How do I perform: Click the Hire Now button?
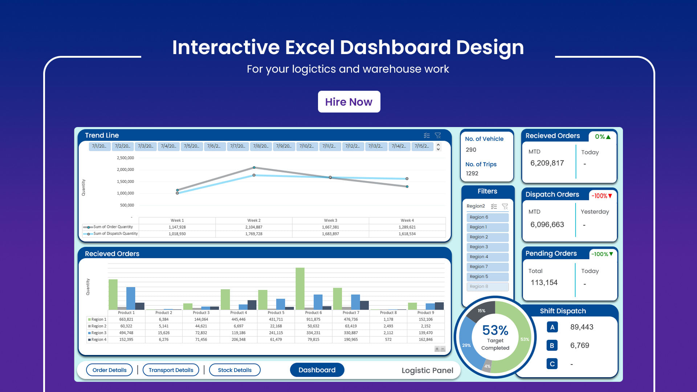pyautogui.click(x=349, y=102)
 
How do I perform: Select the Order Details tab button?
pyautogui.click(x=109, y=370)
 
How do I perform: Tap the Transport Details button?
pyautogui.click(x=171, y=370)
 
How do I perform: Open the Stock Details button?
pyautogui.click(x=235, y=370)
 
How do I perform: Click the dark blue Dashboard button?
pyautogui.click(x=317, y=370)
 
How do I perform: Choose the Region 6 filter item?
pyautogui.click(x=487, y=217)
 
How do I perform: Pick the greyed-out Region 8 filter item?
pyautogui.click(x=487, y=286)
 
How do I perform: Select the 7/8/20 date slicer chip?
pyautogui.click(x=261, y=146)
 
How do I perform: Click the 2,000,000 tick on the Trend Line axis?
pyautogui.click(x=125, y=170)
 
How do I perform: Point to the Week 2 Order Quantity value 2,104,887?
pyautogui.click(x=254, y=227)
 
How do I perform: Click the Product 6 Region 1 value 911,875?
pyautogui.click(x=313, y=319)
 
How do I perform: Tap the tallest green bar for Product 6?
pyautogui.click(x=300, y=289)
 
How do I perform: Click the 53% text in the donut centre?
pyautogui.click(x=495, y=330)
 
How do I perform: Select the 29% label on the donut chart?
pyautogui.click(x=466, y=346)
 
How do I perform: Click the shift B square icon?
pyautogui.click(x=552, y=346)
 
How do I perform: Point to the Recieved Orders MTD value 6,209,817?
pyautogui.click(x=547, y=163)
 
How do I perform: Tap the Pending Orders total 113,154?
pyautogui.click(x=544, y=282)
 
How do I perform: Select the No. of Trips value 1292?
pyautogui.click(x=472, y=173)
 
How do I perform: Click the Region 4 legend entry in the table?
pyautogui.click(x=97, y=340)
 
